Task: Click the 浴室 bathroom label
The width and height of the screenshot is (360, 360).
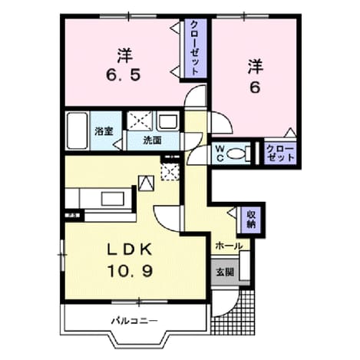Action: pyautogui.click(x=104, y=131)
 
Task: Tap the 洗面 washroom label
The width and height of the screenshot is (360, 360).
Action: pyautogui.click(x=152, y=140)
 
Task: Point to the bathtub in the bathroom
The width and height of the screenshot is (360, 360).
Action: pyautogui.click(x=77, y=130)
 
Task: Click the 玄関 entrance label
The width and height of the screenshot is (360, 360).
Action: pyautogui.click(x=225, y=272)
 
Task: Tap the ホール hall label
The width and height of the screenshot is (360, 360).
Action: pyautogui.click(x=229, y=246)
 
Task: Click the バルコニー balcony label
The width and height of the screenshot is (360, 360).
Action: pyautogui.click(x=134, y=320)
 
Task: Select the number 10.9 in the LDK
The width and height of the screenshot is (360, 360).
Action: pyautogui.click(x=130, y=271)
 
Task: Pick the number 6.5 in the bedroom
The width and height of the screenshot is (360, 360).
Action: pyautogui.click(x=124, y=75)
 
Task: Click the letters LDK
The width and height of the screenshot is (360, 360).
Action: pyautogui.click(x=129, y=249)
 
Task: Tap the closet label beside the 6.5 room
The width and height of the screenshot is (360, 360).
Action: pyautogui.click(x=195, y=48)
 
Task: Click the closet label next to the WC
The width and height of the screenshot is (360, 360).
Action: pyautogui.click(x=280, y=154)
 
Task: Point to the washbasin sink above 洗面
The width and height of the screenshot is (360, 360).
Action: pyautogui.click(x=168, y=121)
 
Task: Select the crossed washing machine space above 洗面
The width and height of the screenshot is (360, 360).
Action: pyautogui.click(x=140, y=121)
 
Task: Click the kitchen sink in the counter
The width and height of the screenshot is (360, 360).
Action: pyautogui.click(x=113, y=199)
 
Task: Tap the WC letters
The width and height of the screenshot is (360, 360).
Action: pyautogui.click(x=220, y=154)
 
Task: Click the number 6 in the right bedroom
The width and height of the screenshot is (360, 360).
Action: pyautogui.click(x=255, y=88)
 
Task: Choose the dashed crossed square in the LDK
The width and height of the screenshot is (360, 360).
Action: pyautogui.click(x=170, y=172)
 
